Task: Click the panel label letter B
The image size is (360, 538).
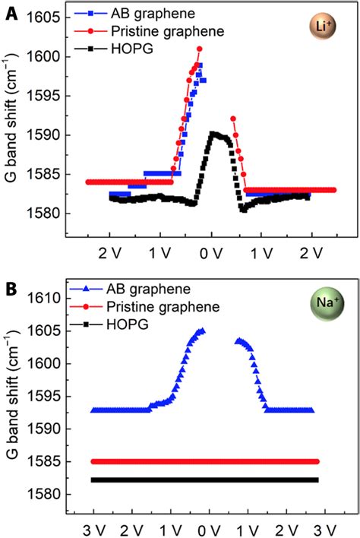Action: pyautogui.click(x=10, y=290)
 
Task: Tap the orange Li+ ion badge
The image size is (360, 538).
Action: pyautogui.click(x=321, y=27)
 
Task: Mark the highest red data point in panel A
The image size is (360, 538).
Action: pyautogui.click(x=199, y=49)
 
